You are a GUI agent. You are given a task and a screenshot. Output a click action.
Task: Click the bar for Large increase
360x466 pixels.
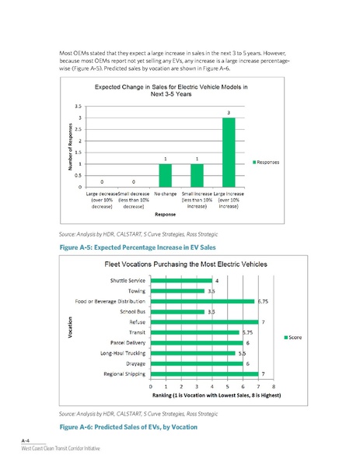point(229,152)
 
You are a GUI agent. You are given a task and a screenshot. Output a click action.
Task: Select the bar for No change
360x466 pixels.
point(165,176)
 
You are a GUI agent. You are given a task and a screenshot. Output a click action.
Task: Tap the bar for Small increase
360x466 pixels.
point(197,176)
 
